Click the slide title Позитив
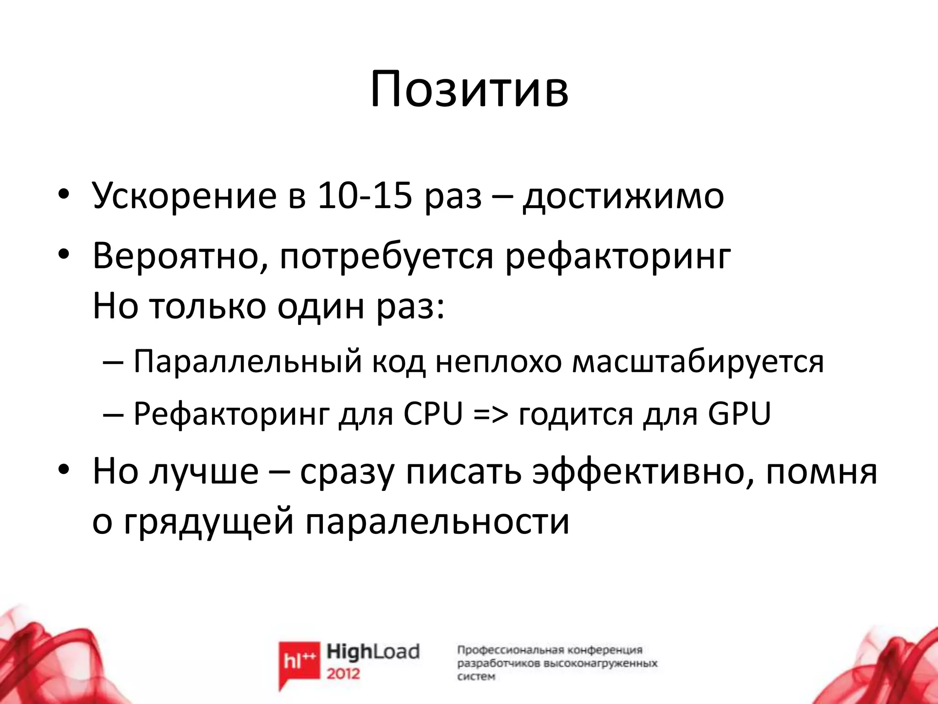469,89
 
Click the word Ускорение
184,196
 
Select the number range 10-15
365,196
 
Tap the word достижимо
623,196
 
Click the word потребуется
387,257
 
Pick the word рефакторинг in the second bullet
618,257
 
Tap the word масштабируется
698,362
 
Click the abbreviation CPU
433,414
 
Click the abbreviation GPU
739,414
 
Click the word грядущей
208,522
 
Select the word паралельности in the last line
437,522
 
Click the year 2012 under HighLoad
344,674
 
